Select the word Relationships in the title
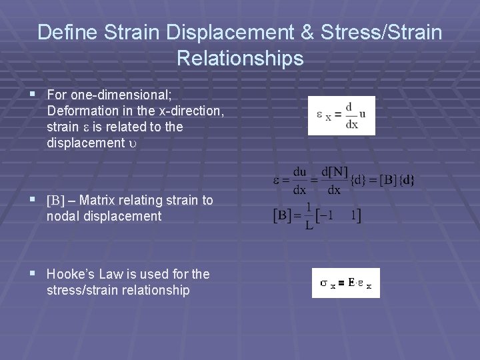pyautogui.click(x=240, y=59)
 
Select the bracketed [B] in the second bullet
pyautogui.click(x=55, y=201)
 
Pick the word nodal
pyautogui.click(x=63, y=216)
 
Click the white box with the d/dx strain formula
pyautogui.click(x=341, y=116)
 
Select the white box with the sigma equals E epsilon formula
pyautogui.click(x=345, y=283)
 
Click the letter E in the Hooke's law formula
pyautogui.click(x=351, y=283)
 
